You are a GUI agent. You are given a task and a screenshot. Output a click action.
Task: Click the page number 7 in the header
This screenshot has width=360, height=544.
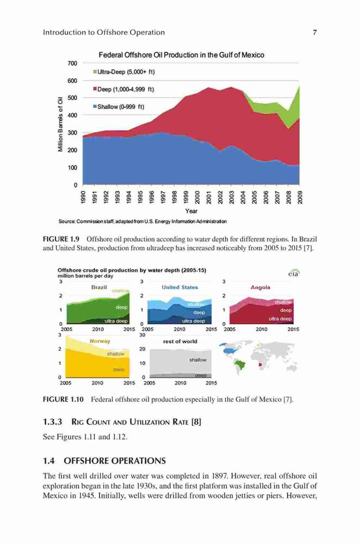tap(314, 32)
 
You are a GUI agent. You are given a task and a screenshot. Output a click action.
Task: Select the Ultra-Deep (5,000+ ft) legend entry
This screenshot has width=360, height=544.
tap(124, 72)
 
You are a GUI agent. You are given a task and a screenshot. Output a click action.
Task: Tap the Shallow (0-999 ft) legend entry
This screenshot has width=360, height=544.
tap(118, 107)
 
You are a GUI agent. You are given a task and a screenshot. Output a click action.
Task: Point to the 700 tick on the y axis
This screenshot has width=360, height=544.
tap(72, 63)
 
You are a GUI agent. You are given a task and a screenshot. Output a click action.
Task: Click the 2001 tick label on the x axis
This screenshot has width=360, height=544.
tap(208, 197)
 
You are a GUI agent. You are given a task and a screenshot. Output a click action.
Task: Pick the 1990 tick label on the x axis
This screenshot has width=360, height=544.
tap(83, 197)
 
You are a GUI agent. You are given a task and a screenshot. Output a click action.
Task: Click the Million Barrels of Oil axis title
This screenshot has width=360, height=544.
tap(60, 124)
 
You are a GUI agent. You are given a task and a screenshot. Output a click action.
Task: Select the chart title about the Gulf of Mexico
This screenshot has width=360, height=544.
tap(182, 55)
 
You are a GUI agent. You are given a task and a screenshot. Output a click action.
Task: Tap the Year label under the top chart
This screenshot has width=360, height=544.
tap(191, 211)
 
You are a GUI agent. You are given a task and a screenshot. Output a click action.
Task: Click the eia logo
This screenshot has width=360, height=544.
tap(294, 274)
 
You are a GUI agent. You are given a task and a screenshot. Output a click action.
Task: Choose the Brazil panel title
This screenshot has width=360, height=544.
tap(99, 287)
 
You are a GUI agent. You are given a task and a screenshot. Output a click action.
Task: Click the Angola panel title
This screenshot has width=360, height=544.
tap(260, 287)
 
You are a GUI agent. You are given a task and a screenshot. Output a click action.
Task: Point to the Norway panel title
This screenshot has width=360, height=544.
tap(100, 341)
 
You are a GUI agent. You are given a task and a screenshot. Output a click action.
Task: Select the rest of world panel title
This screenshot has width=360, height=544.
tap(180, 342)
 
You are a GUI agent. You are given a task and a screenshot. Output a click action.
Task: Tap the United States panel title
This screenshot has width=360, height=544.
tap(179, 287)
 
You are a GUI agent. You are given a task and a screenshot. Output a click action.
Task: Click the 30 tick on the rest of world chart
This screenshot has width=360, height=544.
tap(142, 335)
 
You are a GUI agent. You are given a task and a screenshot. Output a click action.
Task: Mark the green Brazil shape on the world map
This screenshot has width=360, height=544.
tap(239, 364)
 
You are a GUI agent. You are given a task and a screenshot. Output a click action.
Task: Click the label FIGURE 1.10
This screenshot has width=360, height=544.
tap(63, 399)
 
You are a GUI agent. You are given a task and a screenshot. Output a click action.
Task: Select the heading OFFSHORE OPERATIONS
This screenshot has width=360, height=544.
tap(115, 461)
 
